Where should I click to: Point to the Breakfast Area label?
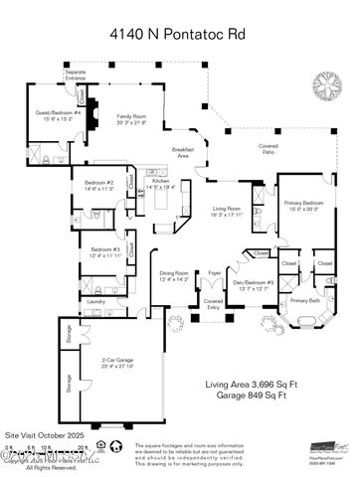coord(183,153)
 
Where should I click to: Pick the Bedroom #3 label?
coord(105,253)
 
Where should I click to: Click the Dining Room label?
coord(174,275)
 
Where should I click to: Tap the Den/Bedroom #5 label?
coord(255,285)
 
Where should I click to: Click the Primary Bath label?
coord(304,300)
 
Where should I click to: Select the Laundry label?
coord(96,300)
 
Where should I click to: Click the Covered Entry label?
coord(213,302)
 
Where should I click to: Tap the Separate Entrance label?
coord(76,75)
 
